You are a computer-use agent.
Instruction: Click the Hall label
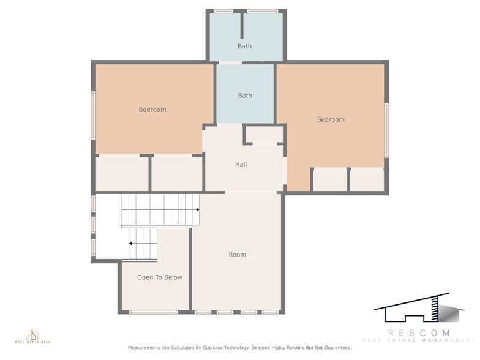point(241,164)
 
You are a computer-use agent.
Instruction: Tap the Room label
point(237,255)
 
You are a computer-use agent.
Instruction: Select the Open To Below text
point(159,277)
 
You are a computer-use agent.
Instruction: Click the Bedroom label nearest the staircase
point(152,110)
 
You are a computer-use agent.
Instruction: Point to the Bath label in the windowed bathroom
point(244,47)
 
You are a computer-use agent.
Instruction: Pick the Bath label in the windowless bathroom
point(245,96)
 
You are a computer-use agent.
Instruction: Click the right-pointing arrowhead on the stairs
point(197,210)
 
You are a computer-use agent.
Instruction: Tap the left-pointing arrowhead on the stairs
point(131,243)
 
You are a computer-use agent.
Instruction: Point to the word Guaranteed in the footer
point(336,348)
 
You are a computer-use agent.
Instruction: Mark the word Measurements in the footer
point(144,348)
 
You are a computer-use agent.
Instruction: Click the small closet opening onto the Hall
point(264,134)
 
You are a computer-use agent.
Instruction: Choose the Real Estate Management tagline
point(418,340)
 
